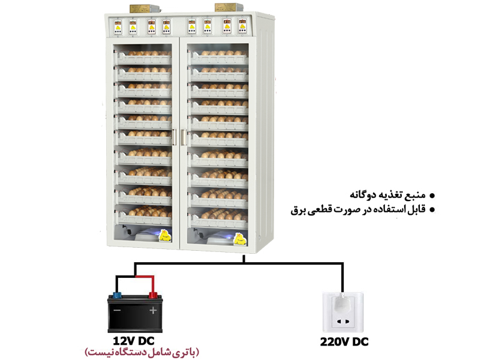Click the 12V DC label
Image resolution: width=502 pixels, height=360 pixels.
(x=134, y=341)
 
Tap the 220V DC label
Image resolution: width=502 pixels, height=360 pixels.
(x=344, y=342)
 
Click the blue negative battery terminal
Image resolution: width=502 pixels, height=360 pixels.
(x=117, y=295)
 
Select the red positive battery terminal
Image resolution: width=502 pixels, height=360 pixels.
(x=153, y=295)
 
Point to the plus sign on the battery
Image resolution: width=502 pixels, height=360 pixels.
(x=153, y=310)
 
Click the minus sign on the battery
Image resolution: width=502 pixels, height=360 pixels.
(x=117, y=310)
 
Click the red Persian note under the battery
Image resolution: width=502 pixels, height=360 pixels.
(x=142, y=352)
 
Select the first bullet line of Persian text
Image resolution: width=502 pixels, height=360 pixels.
(x=387, y=195)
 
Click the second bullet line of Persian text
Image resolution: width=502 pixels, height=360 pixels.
(x=358, y=210)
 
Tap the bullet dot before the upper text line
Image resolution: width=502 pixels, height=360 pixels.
(x=432, y=196)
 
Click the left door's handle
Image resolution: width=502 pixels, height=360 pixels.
(x=175, y=137)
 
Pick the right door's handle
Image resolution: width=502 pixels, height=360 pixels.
(x=184, y=137)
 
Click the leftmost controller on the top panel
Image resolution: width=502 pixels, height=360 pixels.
(x=118, y=27)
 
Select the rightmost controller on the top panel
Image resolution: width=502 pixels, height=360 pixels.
(x=242, y=26)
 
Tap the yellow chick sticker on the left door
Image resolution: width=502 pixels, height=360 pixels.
(x=165, y=236)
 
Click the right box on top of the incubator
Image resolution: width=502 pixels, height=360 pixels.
(x=229, y=7)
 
